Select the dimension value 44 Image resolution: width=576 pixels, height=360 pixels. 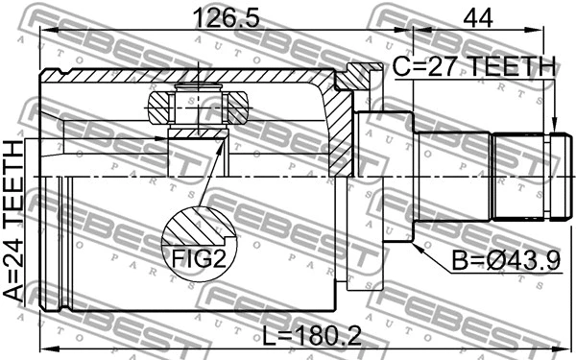point(478,17)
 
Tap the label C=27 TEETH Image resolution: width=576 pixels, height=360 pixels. point(474,67)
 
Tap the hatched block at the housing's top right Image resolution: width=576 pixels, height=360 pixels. point(358,77)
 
